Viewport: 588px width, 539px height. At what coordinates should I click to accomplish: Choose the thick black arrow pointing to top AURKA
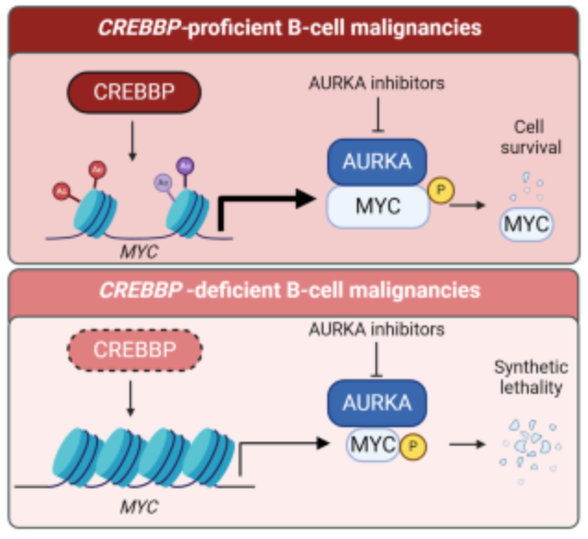[268, 199]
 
